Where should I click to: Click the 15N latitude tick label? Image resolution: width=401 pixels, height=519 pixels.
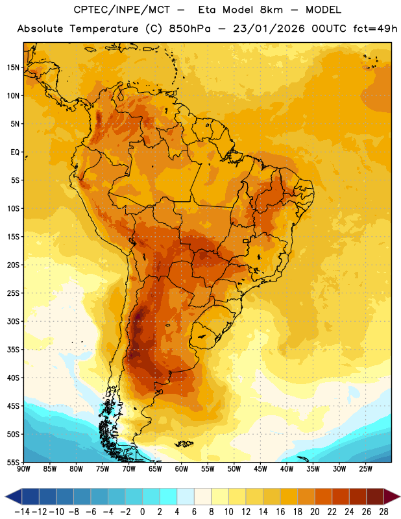(13, 67)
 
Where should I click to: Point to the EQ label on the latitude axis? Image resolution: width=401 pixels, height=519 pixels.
(15, 152)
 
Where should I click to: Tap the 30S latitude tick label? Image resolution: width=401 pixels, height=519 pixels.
(13, 322)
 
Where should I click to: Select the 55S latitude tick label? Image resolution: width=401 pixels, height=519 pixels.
(13, 463)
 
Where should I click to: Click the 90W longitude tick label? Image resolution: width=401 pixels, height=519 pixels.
(23, 469)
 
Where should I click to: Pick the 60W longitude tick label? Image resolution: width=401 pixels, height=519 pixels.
(182, 469)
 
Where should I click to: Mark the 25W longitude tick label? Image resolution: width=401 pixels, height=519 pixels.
(365, 469)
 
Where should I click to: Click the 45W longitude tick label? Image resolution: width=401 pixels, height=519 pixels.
(260, 469)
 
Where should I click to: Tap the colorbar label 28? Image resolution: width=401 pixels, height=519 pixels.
(383, 512)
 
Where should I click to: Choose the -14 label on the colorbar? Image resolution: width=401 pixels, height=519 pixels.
(22, 512)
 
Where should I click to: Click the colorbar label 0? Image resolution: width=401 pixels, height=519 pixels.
(143, 512)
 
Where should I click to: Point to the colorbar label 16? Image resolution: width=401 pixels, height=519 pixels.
(280, 512)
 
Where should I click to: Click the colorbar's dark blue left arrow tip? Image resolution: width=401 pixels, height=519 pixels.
(5, 497)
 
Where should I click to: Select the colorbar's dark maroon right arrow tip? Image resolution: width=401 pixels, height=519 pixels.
(400, 497)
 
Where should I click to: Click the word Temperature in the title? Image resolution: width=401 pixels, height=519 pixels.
(104, 29)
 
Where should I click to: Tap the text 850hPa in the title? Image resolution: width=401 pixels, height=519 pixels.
(189, 29)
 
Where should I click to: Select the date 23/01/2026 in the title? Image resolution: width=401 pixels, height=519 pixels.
(269, 29)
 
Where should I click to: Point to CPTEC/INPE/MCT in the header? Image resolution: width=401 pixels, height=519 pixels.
(122, 10)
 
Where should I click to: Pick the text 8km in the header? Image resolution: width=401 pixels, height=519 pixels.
(271, 10)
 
